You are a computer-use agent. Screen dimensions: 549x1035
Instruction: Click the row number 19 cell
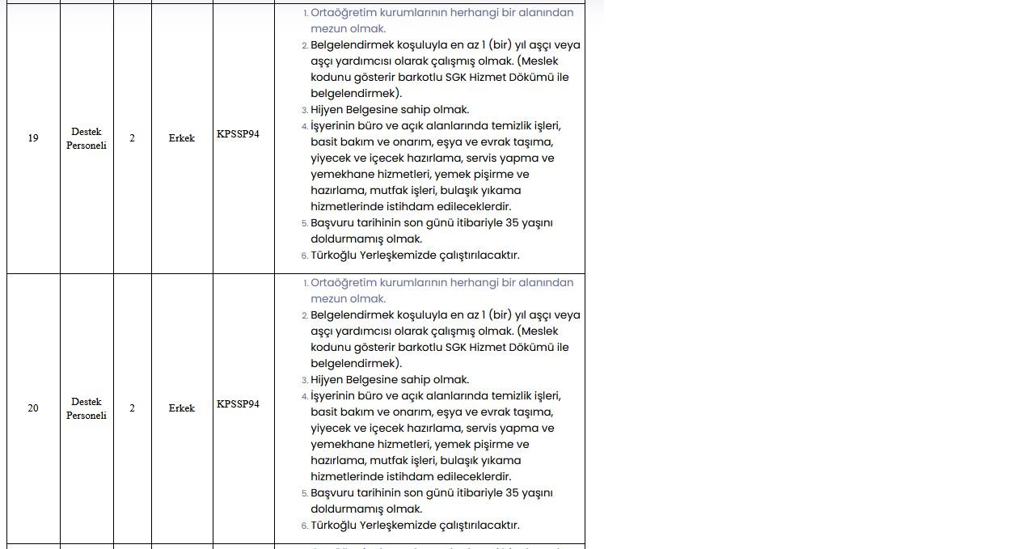pyautogui.click(x=33, y=138)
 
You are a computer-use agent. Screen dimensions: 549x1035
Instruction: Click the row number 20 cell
pyautogui.click(x=33, y=408)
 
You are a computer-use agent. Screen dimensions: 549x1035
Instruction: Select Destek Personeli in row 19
pyautogui.click(x=87, y=138)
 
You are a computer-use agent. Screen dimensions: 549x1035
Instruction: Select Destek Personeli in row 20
pyautogui.click(x=87, y=408)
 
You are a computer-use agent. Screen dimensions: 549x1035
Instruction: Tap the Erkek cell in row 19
pyautogui.click(x=182, y=138)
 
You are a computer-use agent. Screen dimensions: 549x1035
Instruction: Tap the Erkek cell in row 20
pyautogui.click(x=182, y=408)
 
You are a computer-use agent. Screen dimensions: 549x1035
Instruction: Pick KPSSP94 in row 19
pyautogui.click(x=238, y=133)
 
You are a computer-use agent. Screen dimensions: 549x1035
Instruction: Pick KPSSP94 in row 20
pyautogui.click(x=238, y=403)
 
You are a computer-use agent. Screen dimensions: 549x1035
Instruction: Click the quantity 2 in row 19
pyautogui.click(x=132, y=138)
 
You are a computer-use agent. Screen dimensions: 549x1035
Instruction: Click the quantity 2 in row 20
pyautogui.click(x=132, y=408)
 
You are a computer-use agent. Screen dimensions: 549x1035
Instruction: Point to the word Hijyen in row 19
pyautogui.click(x=328, y=110)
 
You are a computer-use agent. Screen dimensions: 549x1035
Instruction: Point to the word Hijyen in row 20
pyautogui.click(x=328, y=380)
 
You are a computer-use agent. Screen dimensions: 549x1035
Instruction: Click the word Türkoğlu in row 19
pyautogui.click(x=334, y=255)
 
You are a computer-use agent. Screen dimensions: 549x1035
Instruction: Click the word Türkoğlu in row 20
pyautogui.click(x=334, y=526)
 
